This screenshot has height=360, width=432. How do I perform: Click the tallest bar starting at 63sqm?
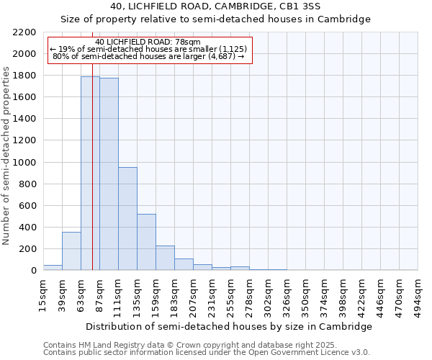90,173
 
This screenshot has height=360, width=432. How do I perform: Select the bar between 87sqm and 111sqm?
109,174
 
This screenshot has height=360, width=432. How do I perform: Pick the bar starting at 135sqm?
146,242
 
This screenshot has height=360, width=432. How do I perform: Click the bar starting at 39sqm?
71,251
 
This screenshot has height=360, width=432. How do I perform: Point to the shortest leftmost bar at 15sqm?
53,267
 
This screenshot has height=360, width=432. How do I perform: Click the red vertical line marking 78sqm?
93,180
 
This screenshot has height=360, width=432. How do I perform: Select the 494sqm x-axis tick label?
418,296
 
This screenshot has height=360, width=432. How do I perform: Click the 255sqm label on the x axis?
230,296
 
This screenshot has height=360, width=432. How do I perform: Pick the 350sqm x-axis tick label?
305,296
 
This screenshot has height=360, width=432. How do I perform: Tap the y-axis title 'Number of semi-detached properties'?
6,155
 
